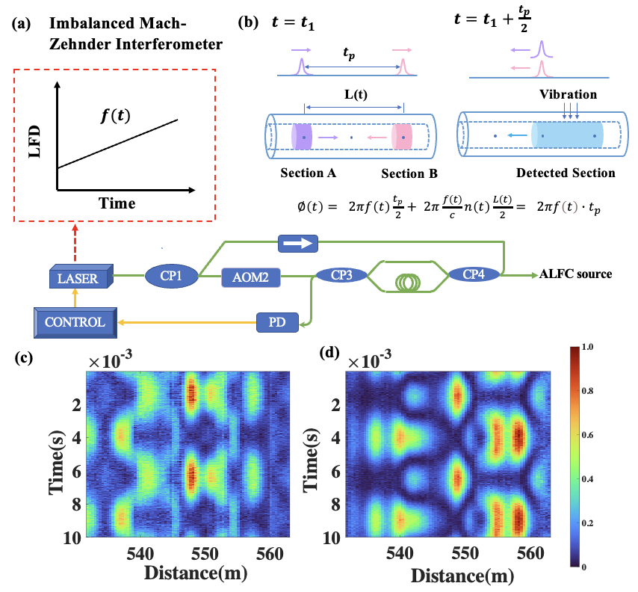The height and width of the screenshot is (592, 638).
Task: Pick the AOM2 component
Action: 250,278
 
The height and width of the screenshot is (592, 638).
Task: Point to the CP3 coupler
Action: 341,275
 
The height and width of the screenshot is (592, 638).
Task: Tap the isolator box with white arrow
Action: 298,242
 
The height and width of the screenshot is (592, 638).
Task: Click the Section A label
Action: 308,173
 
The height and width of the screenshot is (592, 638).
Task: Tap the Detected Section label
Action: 568,173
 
